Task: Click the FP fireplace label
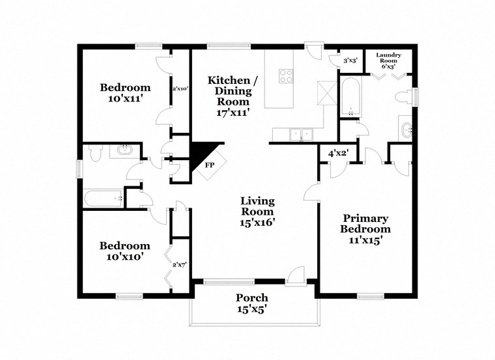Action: point(209,165)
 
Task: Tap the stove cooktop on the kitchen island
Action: point(286,76)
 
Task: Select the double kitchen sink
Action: point(300,134)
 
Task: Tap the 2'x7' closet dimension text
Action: point(180,264)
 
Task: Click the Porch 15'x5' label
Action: point(251,303)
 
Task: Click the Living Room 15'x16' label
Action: point(257,212)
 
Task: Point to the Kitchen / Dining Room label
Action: point(233,96)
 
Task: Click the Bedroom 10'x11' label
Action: point(125,93)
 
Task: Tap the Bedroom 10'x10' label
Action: point(124,251)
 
